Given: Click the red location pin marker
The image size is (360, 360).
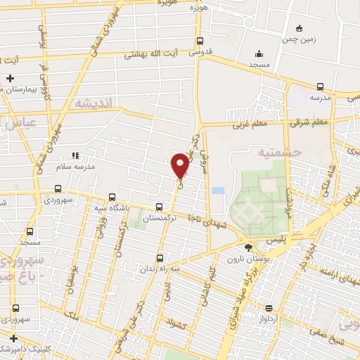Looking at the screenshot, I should point(180,165).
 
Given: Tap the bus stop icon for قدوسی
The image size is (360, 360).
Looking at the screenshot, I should point(200,41).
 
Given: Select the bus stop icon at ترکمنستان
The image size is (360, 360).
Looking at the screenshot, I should point(159,207).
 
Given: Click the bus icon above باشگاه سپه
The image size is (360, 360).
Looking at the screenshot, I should point(112,198).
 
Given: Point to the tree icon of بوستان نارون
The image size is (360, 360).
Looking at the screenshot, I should point(247,247).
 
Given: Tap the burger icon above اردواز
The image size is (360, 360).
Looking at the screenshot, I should point(269,307).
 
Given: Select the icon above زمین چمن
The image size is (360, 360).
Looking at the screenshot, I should point(300,29).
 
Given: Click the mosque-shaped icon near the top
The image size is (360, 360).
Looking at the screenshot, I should point(259,53).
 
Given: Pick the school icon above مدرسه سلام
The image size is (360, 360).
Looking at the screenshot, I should point(75,155).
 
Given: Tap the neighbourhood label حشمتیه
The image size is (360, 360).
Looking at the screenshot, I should point(279,151).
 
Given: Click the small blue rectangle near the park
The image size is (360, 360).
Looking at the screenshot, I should point(218,191).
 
